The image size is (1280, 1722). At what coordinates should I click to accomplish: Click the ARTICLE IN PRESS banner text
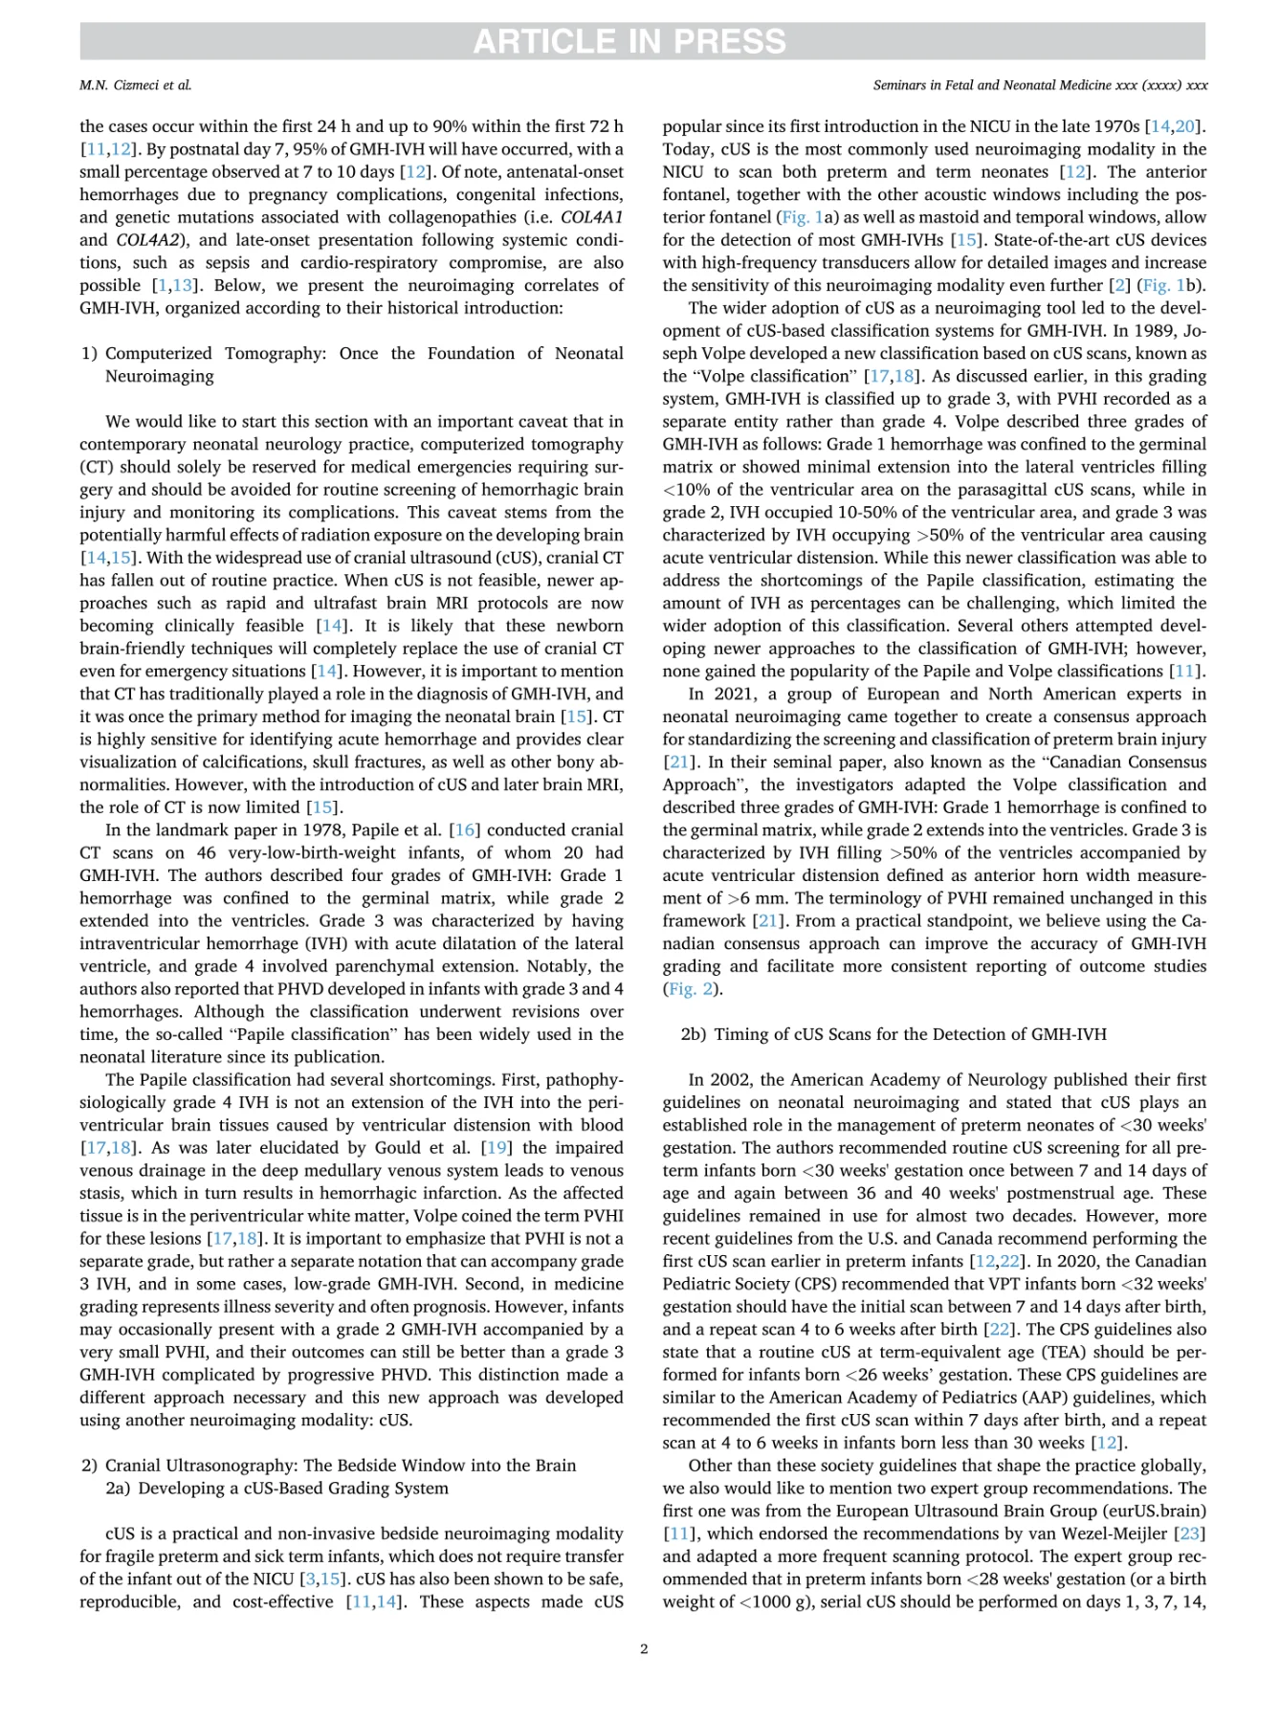pyautogui.click(x=629, y=41)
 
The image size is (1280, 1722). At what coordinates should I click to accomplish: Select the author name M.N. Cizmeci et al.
pyautogui.click(x=136, y=85)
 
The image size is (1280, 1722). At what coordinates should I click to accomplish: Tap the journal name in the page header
pyautogui.click(x=1040, y=85)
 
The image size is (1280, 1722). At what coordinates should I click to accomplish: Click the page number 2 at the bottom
pyautogui.click(x=644, y=1648)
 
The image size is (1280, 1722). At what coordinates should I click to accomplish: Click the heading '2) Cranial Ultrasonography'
pyautogui.click(x=329, y=1465)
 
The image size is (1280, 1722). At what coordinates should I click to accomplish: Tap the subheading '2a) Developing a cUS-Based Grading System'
pyautogui.click(x=276, y=1488)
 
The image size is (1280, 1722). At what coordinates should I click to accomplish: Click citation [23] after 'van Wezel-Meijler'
pyautogui.click(x=1190, y=1534)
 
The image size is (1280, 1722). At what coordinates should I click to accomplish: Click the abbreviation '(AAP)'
pyautogui.click(x=1064, y=1397)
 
